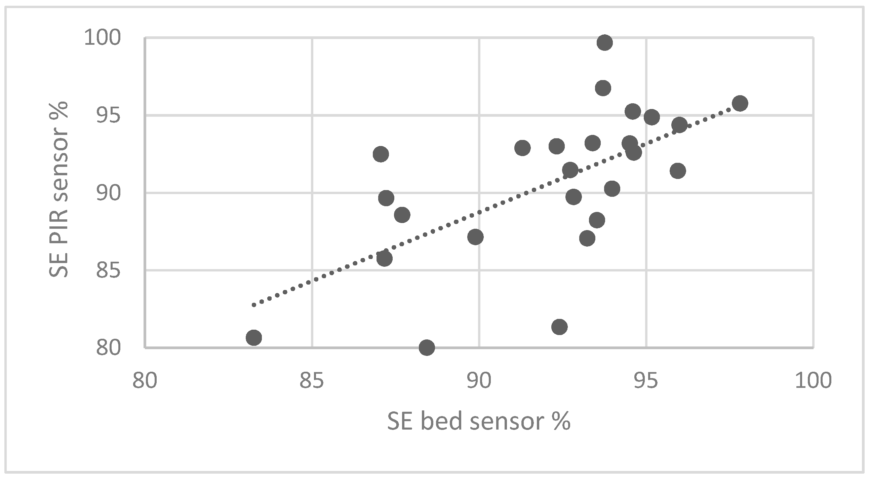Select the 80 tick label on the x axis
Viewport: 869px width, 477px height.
click(x=145, y=380)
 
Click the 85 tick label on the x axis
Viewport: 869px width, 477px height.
click(x=312, y=380)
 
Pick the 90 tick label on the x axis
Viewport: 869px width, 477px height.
click(x=479, y=380)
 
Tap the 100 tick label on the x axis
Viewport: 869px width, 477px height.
click(x=813, y=380)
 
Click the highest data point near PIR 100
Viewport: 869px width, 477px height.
click(x=604, y=42)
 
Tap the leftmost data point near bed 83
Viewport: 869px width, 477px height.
click(x=254, y=338)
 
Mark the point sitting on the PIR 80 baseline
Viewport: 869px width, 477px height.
click(x=427, y=347)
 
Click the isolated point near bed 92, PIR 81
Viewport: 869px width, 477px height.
click(x=559, y=327)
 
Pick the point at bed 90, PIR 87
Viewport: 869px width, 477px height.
click(x=475, y=237)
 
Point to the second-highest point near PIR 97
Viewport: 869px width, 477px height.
click(x=603, y=88)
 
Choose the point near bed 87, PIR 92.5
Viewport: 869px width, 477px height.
click(x=381, y=154)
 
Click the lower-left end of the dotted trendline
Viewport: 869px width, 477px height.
click(x=254, y=305)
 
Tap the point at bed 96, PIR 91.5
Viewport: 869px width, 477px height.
click(x=678, y=171)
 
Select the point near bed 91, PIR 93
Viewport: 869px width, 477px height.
click(x=522, y=148)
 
